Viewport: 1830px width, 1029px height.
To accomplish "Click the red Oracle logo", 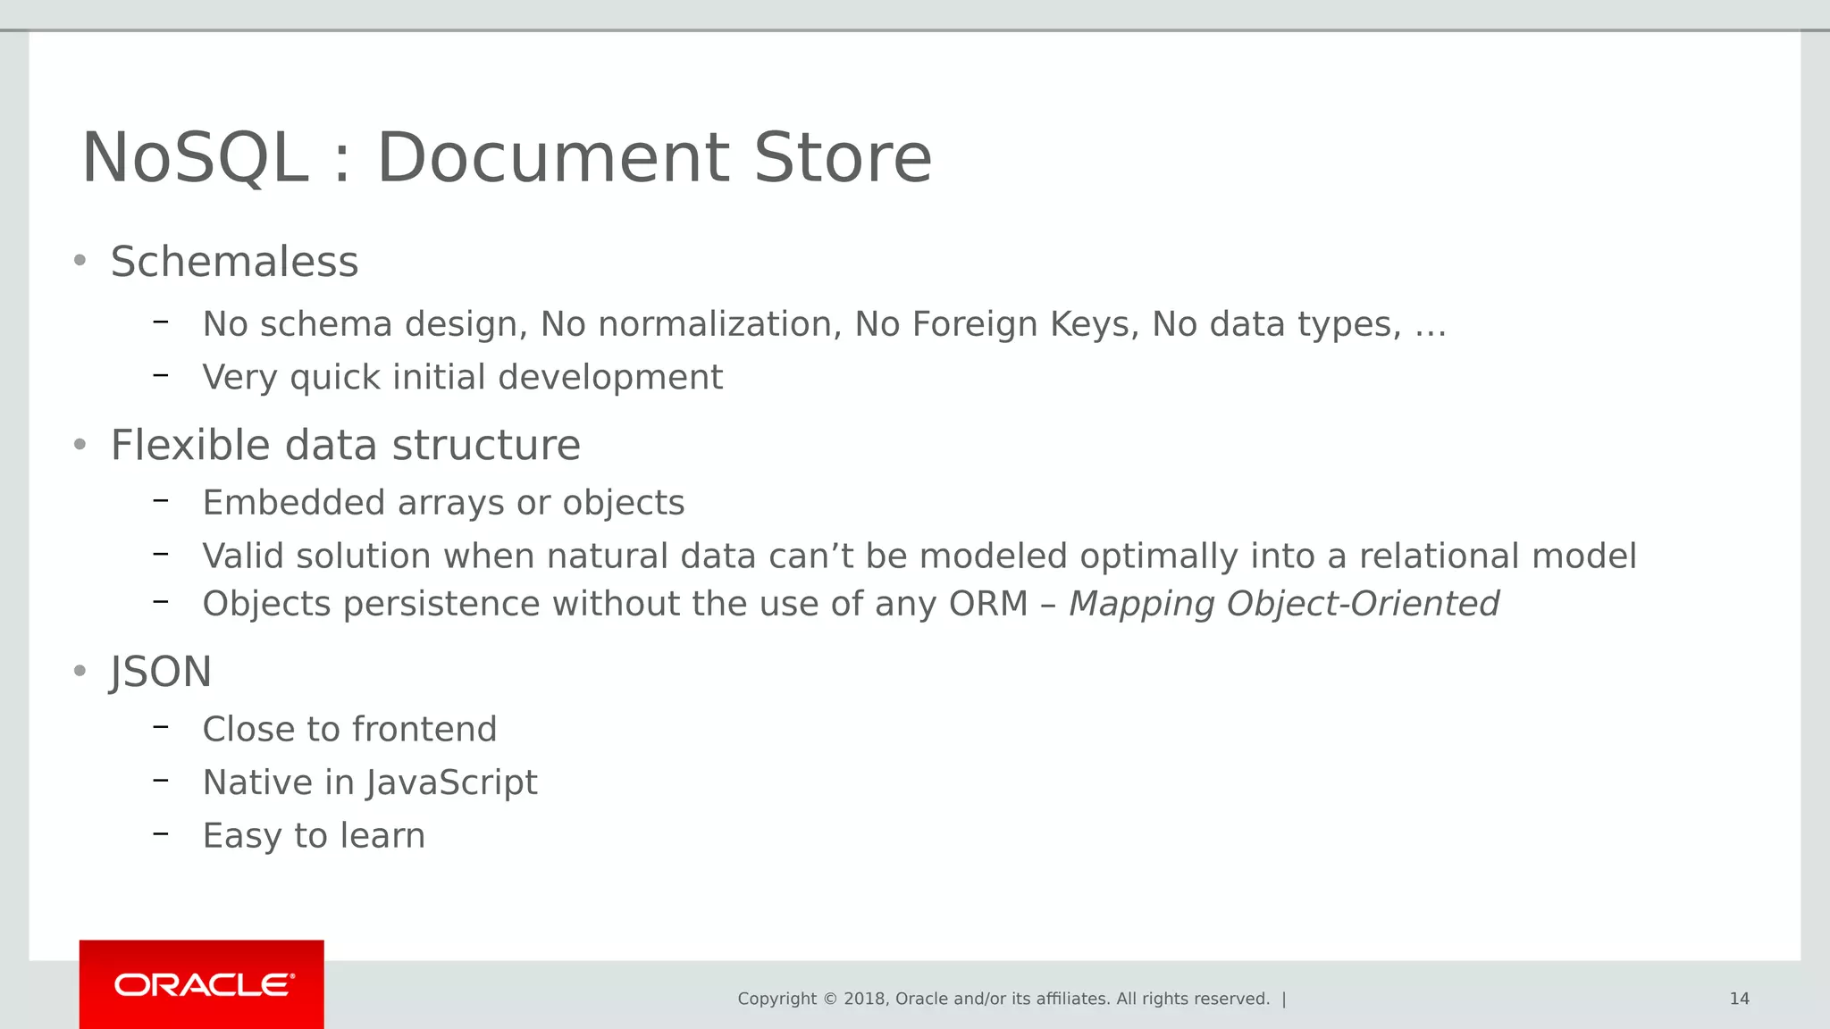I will [x=202, y=984].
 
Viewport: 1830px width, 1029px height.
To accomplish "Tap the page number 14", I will [x=1739, y=999].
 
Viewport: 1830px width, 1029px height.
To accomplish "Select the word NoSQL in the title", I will [x=195, y=158].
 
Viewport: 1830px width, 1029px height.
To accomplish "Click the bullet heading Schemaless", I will [x=234, y=263].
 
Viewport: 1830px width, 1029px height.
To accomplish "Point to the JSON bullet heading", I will [x=161, y=672].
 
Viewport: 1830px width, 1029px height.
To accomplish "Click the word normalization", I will [x=719, y=324].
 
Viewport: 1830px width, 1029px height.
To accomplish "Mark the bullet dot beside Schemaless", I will [x=80, y=261].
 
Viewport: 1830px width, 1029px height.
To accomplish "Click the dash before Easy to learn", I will [x=161, y=833].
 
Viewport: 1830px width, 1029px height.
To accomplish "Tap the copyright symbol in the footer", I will [x=830, y=999].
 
